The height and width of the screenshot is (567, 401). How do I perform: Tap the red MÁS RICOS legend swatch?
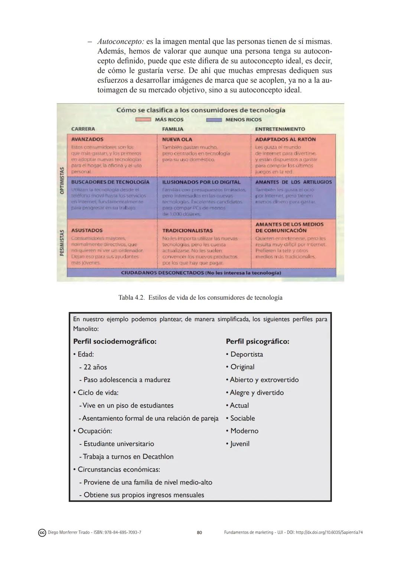(x=143, y=120)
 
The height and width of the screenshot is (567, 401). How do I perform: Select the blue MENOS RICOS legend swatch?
(x=214, y=120)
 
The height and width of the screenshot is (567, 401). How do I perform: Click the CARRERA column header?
(x=83, y=129)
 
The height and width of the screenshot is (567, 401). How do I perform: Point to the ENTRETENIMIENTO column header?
(x=280, y=129)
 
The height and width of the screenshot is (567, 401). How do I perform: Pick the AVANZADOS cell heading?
(x=87, y=139)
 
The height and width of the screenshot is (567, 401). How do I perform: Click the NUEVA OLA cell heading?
(x=177, y=139)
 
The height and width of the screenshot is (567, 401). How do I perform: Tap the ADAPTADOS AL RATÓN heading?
(x=285, y=139)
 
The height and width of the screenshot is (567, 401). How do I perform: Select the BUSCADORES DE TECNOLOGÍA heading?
(x=110, y=182)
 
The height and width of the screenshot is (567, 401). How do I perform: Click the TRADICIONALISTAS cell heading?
(x=188, y=231)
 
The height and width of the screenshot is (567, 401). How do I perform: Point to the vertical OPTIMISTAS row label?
(x=62, y=180)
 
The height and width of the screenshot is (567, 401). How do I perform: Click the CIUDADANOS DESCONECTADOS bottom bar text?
(x=201, y=273)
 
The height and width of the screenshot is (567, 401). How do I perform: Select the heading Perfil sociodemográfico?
(x=115, y=341)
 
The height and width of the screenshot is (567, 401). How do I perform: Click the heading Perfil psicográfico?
(x=257, y=341)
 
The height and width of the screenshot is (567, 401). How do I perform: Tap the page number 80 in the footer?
(x=199, y=532)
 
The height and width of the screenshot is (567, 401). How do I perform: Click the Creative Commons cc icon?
(x=42, y=533)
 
